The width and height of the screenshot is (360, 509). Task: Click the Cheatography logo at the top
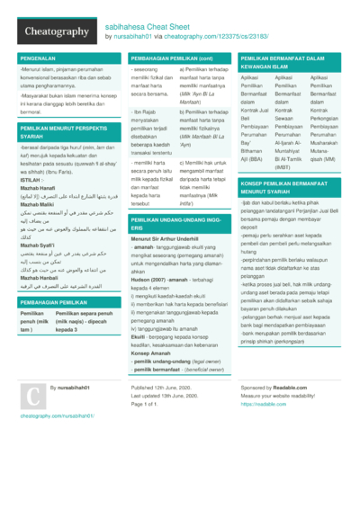(50, 31)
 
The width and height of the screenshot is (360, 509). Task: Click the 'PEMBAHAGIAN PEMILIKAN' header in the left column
(53, 303)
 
